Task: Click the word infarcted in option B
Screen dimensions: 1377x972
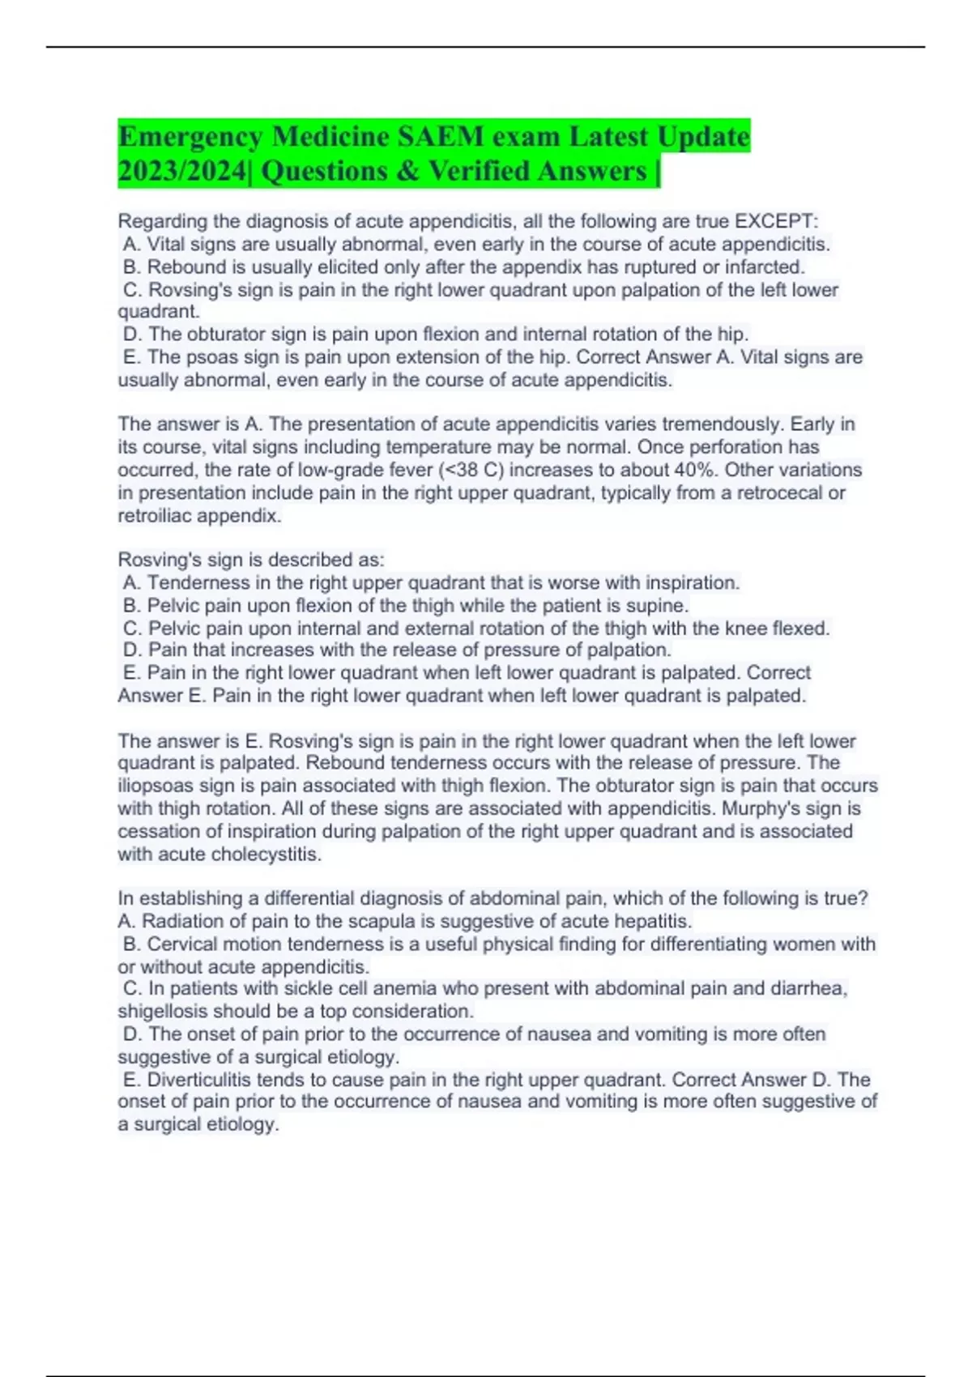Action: (x=764, y=267)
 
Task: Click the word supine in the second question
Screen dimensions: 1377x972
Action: (x=656, y=605)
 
